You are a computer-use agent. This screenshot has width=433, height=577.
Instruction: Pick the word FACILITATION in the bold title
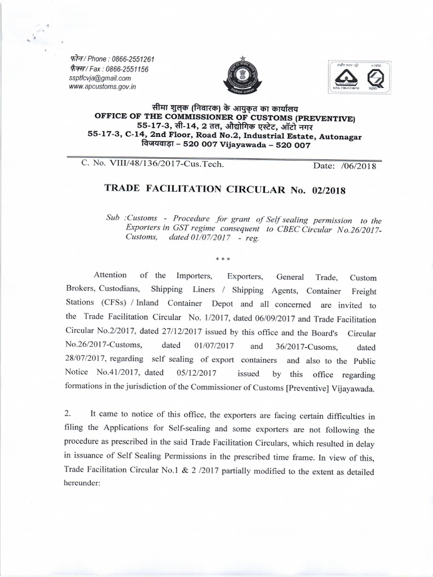point(184,190)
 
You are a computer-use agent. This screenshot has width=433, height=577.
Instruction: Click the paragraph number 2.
point(66,414)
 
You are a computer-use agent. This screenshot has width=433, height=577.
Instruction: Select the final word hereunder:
point(82,482)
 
